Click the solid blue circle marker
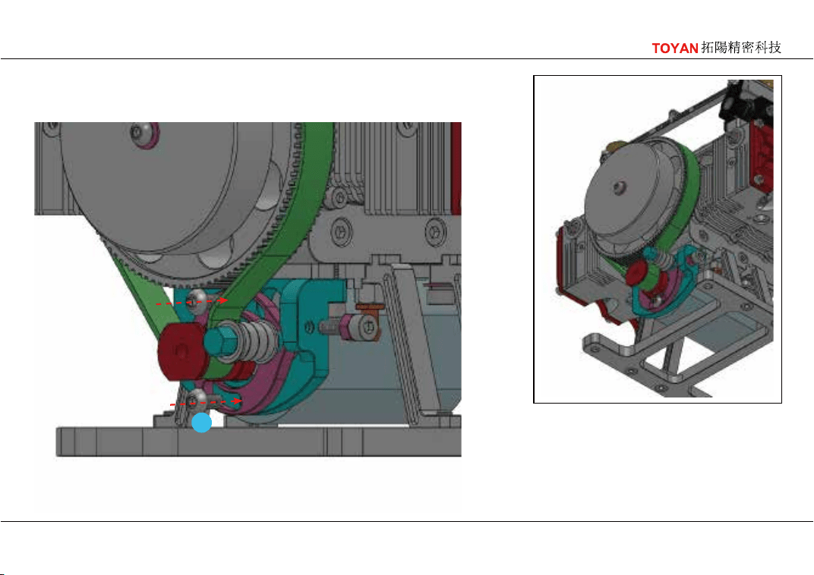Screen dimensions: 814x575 point(201,423)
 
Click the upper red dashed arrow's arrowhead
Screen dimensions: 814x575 point(223,300)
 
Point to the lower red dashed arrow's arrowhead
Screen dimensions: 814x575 point(237,401)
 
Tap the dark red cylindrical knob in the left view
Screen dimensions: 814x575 point(181,353)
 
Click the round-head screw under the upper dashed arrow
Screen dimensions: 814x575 point(197,301)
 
